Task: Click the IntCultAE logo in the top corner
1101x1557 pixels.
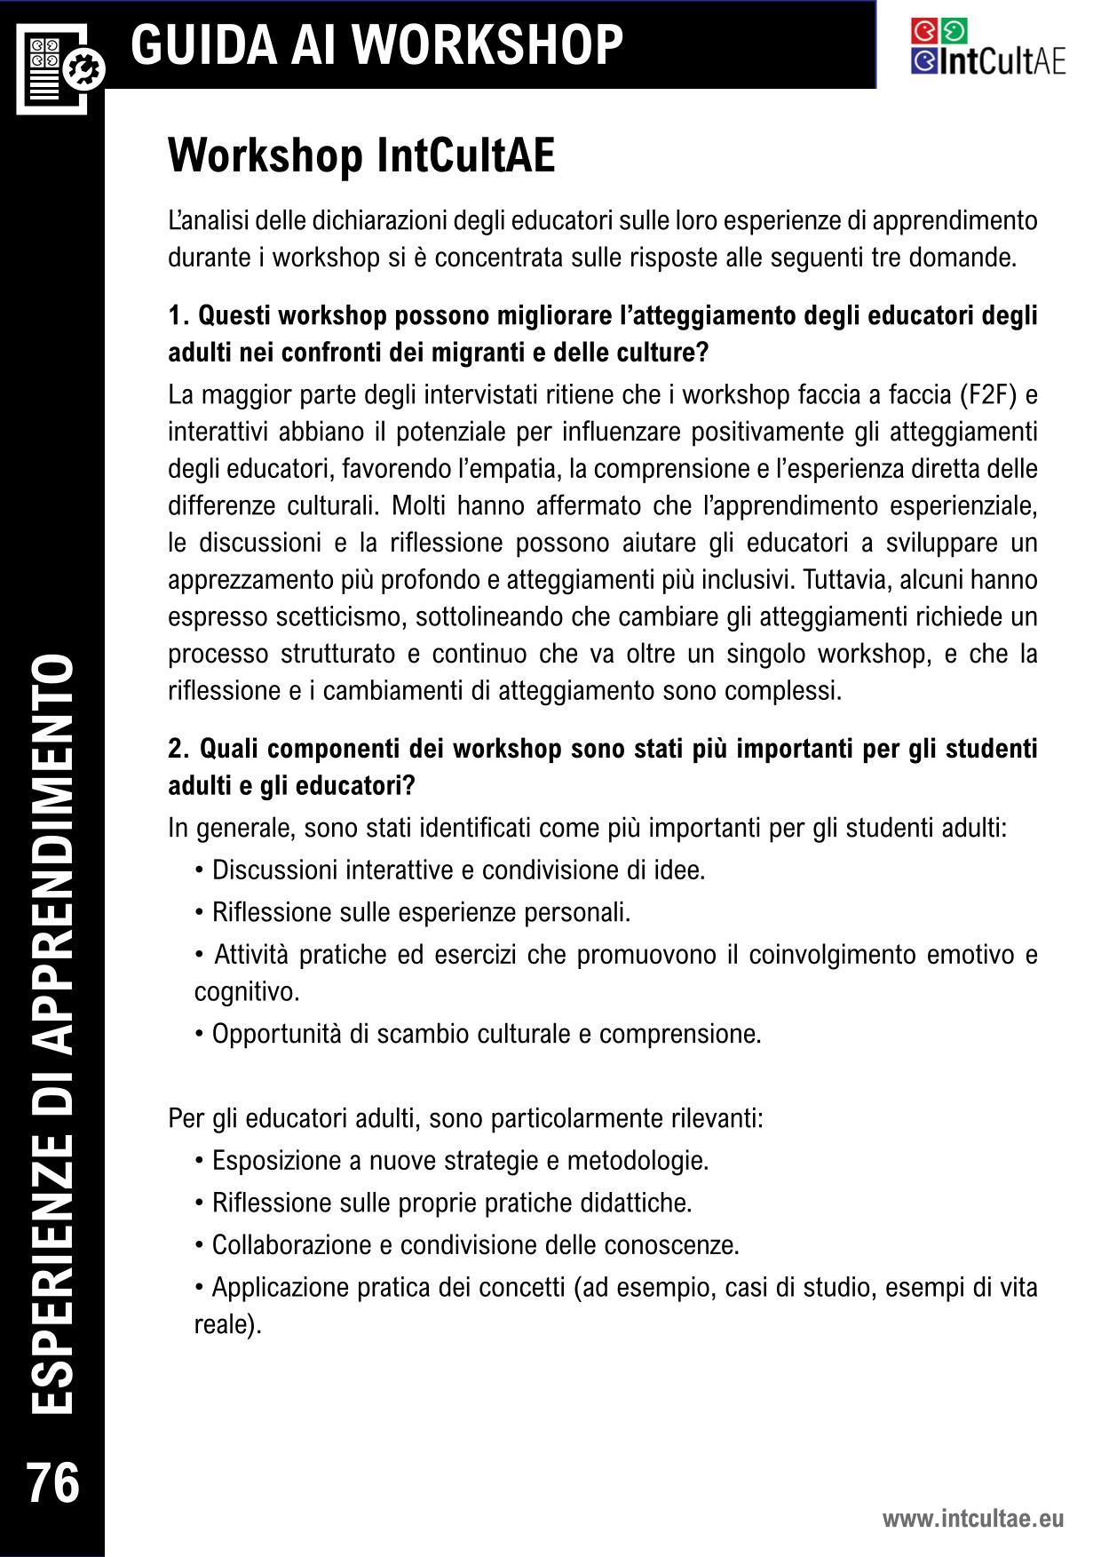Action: (x=987, y=48)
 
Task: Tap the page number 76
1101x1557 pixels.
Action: (x=54, y=1484)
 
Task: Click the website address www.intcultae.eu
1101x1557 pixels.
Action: (x=972, y=1519)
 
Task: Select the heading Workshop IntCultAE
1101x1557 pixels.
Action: (x=361, y=156)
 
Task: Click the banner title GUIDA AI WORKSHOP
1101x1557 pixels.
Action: (x=377, y=44)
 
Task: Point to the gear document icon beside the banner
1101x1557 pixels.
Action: (x=60, y=68)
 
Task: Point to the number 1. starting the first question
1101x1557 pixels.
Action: (x=179, y=315)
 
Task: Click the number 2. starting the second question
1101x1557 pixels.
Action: (x=179, y=749)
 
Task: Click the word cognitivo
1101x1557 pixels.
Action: (x=247, y=991)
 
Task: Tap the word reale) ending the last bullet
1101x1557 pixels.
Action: (x=228, y=1324)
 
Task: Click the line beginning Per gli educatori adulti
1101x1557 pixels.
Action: (x=465, y=1117)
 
